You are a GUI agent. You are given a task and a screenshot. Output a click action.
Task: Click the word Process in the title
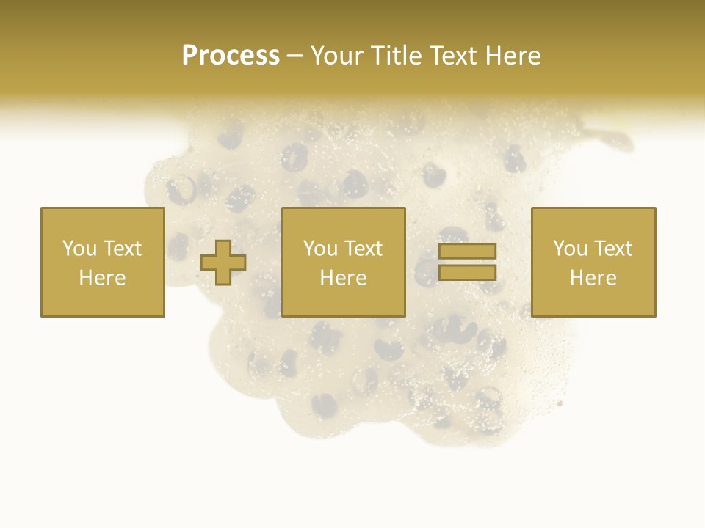[x=231, y=56]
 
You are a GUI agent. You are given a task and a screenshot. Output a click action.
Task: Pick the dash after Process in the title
[x=294, y=57]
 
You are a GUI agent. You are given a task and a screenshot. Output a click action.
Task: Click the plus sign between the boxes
[x=224, y=263]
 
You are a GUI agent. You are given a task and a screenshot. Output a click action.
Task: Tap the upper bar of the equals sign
[x=467, y=252]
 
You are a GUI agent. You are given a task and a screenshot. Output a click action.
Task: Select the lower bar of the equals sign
[x=467, y=273]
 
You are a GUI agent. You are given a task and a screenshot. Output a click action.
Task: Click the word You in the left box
[x=79, y=249]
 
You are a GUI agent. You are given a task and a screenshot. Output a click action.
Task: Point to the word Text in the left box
[x=122, y=249]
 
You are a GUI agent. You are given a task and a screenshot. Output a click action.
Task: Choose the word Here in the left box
[x=103, y=278]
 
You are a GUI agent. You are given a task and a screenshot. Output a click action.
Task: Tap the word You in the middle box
[x=319, y=249]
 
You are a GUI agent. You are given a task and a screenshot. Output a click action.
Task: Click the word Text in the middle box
[x=363, y=249]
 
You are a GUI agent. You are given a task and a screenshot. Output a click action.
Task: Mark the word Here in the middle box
[x=344, y=278]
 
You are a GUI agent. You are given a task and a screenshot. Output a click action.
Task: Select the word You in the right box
[x=569, y=249]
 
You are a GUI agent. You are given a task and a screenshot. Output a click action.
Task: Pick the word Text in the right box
[x=612, y=249]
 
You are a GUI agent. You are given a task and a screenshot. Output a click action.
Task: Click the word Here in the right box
[x=593, y=278]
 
